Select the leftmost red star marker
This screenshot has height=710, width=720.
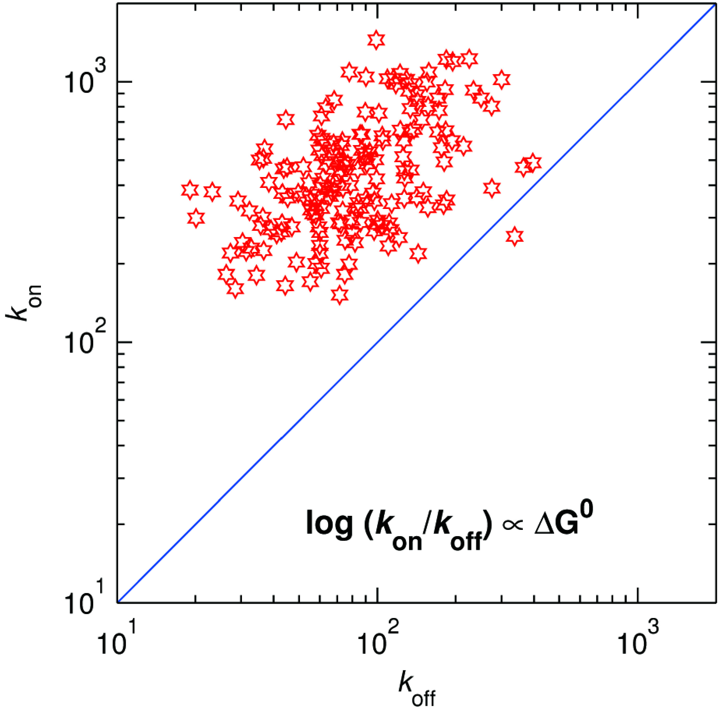click(x=190, y=190)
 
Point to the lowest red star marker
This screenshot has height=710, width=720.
click(x=340, y=294)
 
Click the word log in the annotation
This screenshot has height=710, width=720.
click(x=329, y=524)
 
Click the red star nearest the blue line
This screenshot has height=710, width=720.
click(x=514, y=236)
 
